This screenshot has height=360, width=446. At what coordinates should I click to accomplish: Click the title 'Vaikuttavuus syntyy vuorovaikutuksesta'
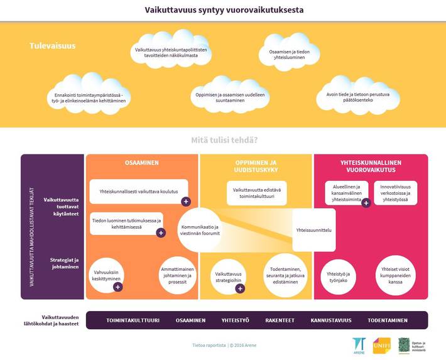(222, 10)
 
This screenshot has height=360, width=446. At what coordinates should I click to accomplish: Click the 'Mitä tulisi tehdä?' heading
(224, 139)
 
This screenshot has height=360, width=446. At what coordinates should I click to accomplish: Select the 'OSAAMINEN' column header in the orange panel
(141, 163)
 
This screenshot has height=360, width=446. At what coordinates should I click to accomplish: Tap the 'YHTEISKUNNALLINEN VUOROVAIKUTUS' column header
(371, 166)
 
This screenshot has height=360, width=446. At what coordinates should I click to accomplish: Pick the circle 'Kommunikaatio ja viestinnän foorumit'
(200, 230)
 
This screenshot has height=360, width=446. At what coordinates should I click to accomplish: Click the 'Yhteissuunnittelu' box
(313, 231)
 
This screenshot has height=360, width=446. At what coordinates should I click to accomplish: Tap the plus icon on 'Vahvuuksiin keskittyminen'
(117, 287)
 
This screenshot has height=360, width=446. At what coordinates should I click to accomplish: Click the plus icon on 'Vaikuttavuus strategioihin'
(239, 288)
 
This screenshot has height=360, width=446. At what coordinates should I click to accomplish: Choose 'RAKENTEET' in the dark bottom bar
(280, 320)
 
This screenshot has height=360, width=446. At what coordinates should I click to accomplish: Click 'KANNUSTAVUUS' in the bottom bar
(331, 320)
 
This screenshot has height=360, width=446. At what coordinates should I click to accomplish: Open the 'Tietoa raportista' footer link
(209, 345)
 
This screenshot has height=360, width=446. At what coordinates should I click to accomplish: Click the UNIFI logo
(381, 346)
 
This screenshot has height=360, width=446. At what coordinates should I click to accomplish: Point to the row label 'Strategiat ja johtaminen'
(61, 263)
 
